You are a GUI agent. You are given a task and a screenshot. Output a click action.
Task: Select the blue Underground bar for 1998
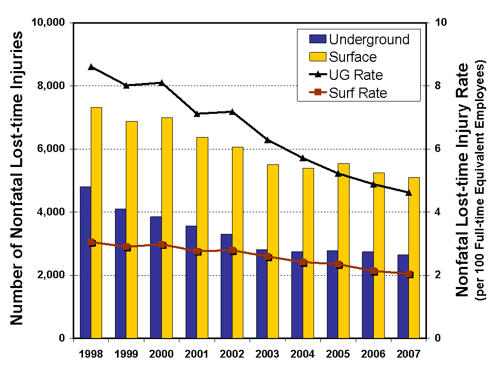(x=86, y=262)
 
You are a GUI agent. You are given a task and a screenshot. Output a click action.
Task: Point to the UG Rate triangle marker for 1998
(x=91, y=67)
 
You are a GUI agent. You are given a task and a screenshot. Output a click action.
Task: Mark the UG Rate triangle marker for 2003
(x=268, y=140)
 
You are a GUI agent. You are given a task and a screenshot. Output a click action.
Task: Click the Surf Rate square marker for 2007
(x=409, y=274)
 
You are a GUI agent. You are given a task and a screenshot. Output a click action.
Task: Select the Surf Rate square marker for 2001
(x=197, y=251)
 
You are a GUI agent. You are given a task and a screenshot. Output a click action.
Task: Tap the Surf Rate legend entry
(x=351, y=93)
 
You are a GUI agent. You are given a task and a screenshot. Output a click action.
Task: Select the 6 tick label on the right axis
(x=438, y=149)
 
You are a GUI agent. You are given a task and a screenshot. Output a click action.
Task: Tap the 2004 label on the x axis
(x=302, y=354)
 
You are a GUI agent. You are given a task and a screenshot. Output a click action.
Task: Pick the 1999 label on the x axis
(x=126, y=354)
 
